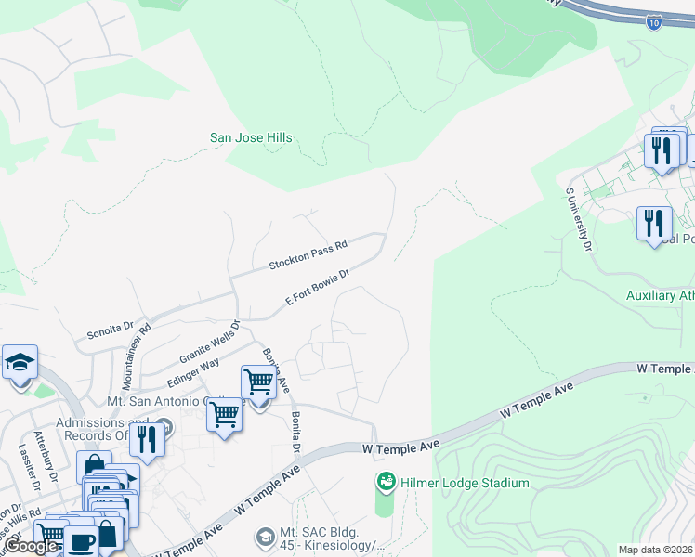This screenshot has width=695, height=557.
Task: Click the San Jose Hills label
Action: tap(251, 138)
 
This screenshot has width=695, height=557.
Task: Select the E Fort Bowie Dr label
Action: tap(317, 288)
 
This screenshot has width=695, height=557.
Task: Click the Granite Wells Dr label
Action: tap(210, 341)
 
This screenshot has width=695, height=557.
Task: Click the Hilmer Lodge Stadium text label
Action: tap(465, 483)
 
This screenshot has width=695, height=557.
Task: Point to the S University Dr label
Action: tap(578, 219)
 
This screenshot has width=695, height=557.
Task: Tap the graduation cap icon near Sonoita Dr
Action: tap(19, 362)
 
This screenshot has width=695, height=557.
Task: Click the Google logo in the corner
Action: tap(31, 547)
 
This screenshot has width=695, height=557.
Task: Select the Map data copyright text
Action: tap(656, 550)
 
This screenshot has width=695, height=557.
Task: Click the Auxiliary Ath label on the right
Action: tap(660, 296)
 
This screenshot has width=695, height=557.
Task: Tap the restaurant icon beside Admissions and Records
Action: tap(146, 439)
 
